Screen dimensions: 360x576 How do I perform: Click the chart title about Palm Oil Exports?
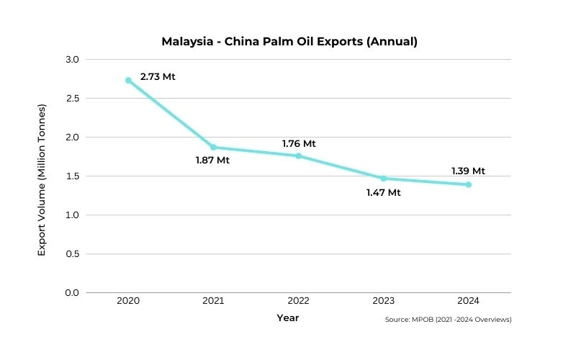point(289,41)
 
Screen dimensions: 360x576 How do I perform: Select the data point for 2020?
point(128,80)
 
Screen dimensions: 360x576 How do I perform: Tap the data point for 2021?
point(213,147)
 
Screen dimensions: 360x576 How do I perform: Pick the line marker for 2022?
point(298,156)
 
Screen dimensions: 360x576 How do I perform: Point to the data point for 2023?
point(383,178)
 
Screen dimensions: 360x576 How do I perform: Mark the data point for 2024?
point(468,184)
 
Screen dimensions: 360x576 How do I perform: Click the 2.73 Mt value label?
point(158,76)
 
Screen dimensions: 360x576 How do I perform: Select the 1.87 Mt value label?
point(212,161)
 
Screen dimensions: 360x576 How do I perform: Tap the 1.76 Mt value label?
point(299,143)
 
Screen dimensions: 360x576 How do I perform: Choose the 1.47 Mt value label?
point(383,192)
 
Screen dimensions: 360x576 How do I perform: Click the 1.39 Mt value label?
point(468,171)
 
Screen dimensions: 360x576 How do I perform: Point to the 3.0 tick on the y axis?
point(73,59)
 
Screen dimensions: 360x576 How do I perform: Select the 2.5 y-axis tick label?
point(73,98)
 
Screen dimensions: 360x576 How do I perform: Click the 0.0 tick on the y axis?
point(73,292)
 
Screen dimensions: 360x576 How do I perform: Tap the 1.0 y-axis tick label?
point(73,215)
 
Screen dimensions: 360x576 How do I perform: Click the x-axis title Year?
point(288,318)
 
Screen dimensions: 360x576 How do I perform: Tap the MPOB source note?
point(448,320)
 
